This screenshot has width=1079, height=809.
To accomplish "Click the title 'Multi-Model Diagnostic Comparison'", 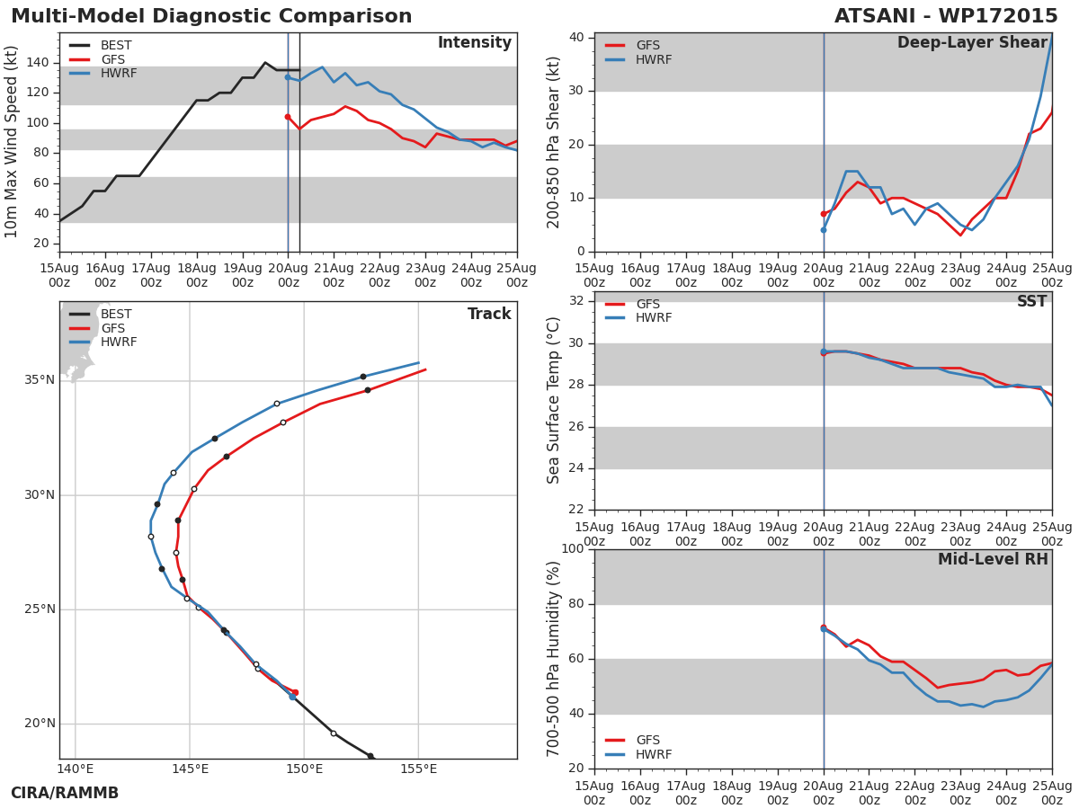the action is [211, 16].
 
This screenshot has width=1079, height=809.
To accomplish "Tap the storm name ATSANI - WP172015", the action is [946, 16].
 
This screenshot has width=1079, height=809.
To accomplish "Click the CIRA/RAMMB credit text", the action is [65, 793].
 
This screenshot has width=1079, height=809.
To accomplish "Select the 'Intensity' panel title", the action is [475, 43].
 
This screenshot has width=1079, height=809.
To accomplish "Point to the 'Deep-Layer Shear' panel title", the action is [972, 43].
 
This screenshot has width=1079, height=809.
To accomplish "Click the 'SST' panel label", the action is [1032, 301].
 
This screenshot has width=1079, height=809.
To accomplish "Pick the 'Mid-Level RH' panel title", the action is [993, 559].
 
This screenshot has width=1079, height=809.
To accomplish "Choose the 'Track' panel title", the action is [489, 314].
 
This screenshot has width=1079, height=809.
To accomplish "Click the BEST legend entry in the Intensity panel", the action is [101, 45].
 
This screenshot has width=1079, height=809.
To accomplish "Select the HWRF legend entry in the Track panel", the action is [103, 342].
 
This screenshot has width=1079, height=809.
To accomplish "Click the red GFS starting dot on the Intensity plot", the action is [288, 117].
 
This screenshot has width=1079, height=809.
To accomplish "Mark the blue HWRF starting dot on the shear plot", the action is [824, 230].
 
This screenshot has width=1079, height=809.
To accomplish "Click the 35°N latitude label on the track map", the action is [40, 380].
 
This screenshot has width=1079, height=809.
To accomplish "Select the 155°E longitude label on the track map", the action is [418, 769].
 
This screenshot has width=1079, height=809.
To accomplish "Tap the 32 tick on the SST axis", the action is [576, 300].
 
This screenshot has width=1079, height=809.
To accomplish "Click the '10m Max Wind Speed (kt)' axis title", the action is [11, 142].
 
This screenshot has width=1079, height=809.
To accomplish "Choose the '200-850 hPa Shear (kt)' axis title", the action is [553, 142].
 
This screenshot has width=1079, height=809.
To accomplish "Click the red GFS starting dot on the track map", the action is [295, 692].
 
